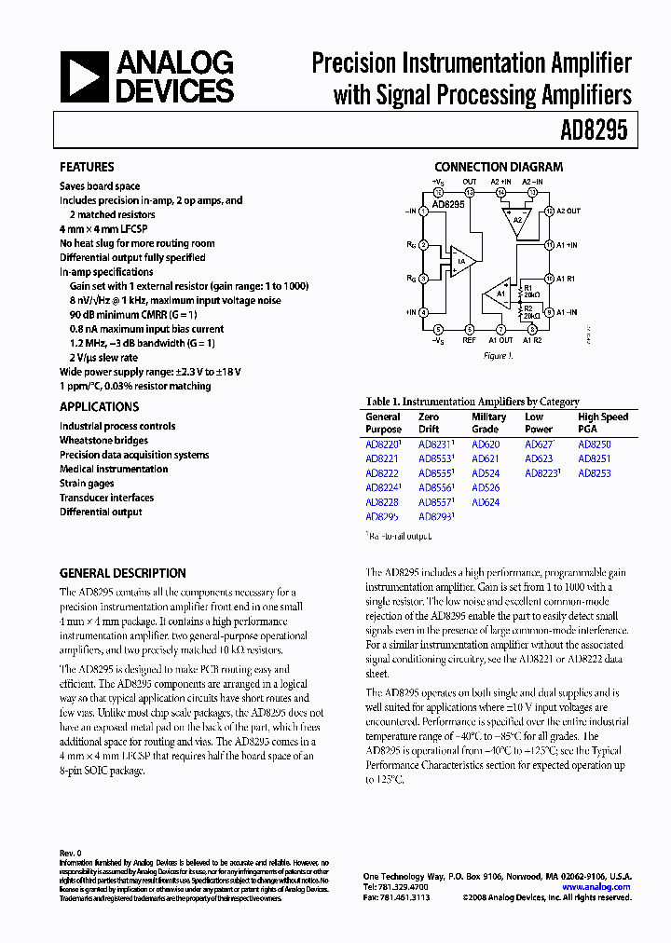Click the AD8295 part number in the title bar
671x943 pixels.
(594, 132)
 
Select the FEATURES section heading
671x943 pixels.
(87, 167)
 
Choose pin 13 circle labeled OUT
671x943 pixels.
(470, 193)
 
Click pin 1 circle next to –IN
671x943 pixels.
(424, 211)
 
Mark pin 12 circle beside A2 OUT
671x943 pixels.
(550, 212)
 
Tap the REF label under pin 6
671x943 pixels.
(470, 340)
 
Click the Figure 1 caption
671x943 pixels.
(497, 356)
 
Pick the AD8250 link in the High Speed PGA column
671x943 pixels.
(595, 444)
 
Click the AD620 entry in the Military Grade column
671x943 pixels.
(486, 444)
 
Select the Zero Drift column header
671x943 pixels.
(429, 423)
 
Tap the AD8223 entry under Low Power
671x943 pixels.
(541, 473)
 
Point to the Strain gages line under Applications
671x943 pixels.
(87, 484)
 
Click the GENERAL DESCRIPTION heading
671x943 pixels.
(123, 573)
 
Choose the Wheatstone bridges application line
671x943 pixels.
(103, 441)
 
